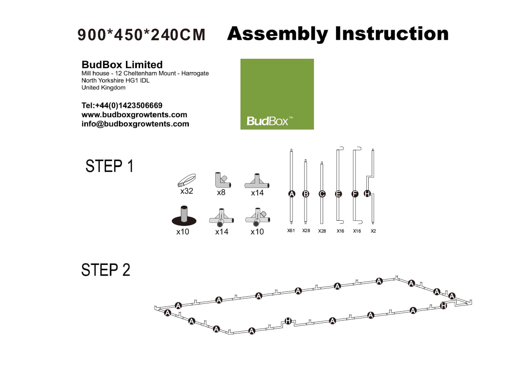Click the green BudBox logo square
point(277,94)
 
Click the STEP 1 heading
point(110,166)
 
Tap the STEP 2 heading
point(106,270)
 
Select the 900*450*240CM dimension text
point(141,35)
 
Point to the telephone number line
point(122,106)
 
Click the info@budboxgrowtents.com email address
point(135,124)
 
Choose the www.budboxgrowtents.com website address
point(134,115)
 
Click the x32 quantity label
point(187,191)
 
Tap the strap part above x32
point(187,180)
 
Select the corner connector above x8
point(222,180)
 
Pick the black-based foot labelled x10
point(184,216)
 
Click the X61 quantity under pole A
point(291,230)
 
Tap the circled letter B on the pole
point(306,194)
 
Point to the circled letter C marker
point(322,194)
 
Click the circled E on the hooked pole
point(338,194)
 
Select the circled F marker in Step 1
point(355,194)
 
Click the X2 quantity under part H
point(373,231)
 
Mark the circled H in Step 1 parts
point(367,194)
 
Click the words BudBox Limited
point(122,65)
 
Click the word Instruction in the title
point(392,34)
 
